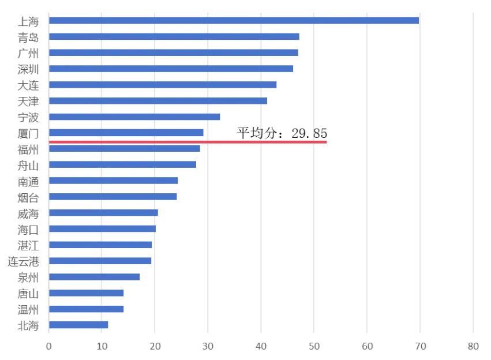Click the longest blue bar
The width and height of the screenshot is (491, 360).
[234, 21]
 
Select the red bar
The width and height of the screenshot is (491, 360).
[188, 142]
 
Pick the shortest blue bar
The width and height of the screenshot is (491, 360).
[79, 325]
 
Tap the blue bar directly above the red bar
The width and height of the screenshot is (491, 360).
[127, 133]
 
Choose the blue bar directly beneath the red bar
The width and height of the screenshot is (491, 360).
[125, 149]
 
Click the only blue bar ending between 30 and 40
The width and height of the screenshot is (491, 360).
[135, 117]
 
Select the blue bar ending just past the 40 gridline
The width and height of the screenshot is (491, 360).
[158, 101]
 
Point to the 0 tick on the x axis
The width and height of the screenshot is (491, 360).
[48, 346]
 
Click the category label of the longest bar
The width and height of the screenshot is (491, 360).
[29, 21]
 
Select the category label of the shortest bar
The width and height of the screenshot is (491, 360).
[29, 326]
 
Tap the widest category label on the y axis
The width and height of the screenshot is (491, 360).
[23, 261]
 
